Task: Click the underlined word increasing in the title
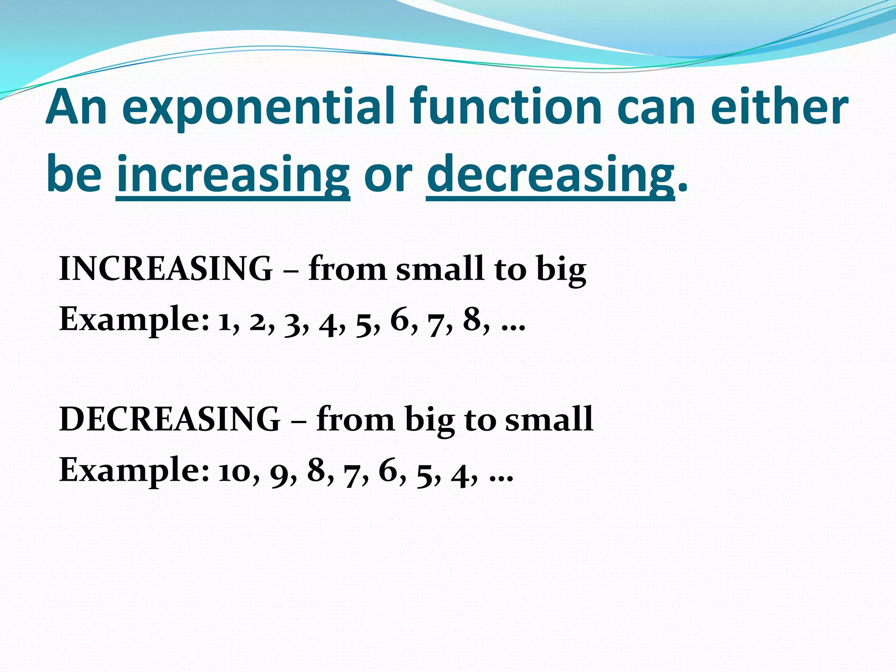point(233,175)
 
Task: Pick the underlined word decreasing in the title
point(550,175)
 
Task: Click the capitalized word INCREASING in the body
point(165,269)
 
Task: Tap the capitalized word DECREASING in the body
point(169,419)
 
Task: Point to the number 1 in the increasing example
point(225,322)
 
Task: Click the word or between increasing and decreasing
point(388,175)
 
